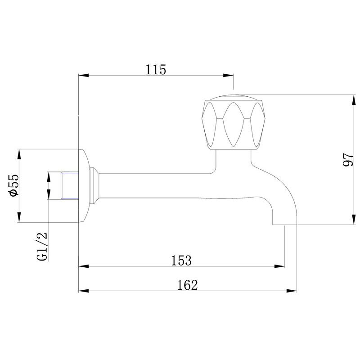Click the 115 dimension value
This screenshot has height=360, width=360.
pyautogui.click(x=156, y=70)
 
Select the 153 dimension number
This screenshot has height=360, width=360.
pyautogui.click(x=181, y=261)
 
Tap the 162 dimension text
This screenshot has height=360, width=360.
pyautogui.click(x=187, y=285)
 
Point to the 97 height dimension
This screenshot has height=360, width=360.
pyautogui.click(x=348, y=160)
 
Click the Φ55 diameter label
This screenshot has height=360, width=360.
pyautogui.click(x=13, y=185)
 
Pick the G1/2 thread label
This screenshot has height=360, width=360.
pyautogui.click(x=42, y=246)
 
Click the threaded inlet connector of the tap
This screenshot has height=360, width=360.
pyautogui.click(x=70, y=185)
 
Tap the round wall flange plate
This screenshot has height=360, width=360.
pyautogui.click(x=84, y=186)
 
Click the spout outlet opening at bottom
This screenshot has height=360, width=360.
pyautogui.click(x=284, y=224)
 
